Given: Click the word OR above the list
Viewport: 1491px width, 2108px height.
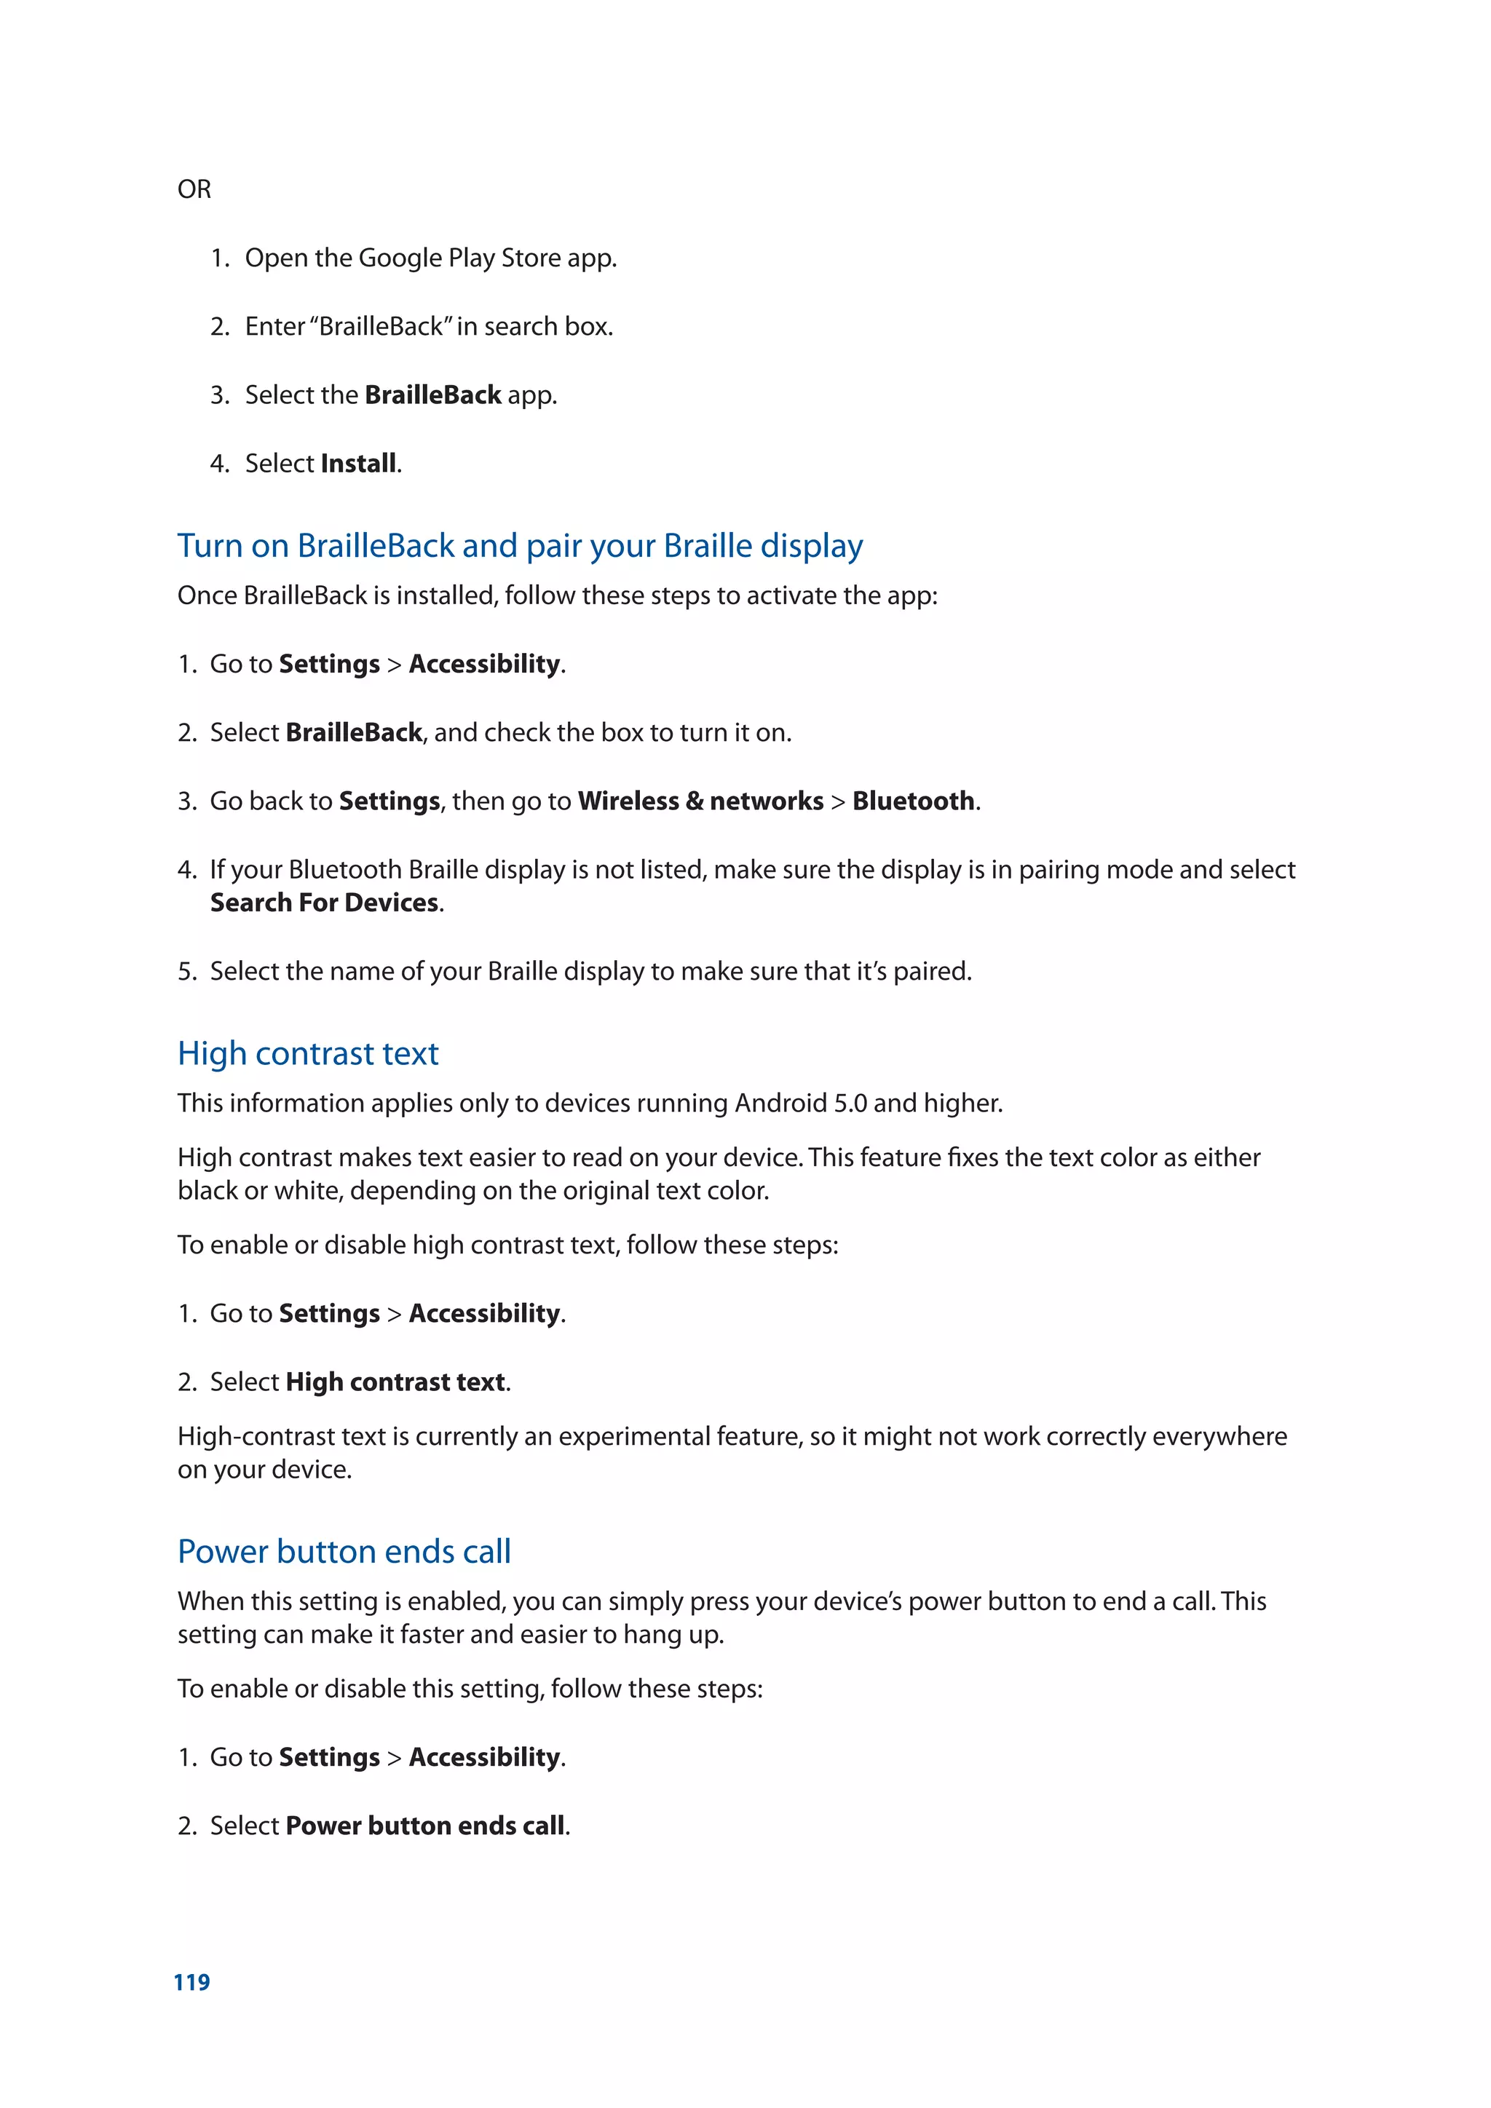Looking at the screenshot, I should tap(194, 189).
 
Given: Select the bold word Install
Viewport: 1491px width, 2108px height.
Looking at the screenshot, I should tap(359, 464).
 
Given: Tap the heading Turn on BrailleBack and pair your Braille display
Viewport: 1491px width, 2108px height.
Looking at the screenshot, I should tap(520, 546).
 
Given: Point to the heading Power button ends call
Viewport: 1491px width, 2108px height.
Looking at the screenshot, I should tap(344, 1552).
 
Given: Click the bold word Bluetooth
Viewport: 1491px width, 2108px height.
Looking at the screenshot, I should tap(913, 801).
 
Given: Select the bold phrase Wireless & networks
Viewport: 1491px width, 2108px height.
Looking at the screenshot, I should tap(700, 801).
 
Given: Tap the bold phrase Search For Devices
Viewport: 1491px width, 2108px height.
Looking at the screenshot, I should tap(324, 903).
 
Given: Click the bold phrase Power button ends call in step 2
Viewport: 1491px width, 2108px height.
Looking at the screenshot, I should tap(425, 1826).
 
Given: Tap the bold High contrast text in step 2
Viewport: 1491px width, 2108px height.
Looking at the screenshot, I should tap(396, 1383).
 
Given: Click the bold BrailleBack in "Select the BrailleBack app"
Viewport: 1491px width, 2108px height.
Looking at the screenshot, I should tap(432, 396).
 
